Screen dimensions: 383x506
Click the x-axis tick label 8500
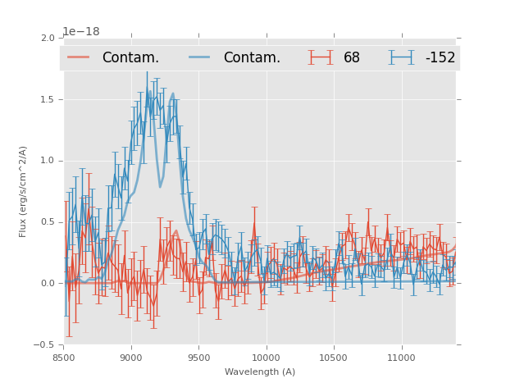pos(63,357)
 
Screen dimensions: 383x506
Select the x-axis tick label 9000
pos(131,357)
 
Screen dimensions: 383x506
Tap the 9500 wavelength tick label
pos(198,357)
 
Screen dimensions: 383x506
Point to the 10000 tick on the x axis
pos(266,357)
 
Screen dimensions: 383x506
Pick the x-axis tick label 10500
pos(333,357)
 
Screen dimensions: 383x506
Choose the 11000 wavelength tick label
pos(401,357)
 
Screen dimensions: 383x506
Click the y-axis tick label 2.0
pos(47,38)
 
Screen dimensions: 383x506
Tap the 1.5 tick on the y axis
pos(47,99)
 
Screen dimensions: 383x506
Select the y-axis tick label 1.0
pos(47,161)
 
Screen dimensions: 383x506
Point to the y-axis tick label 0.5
pos(47,222)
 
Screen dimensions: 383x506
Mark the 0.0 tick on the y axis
pos(47,284)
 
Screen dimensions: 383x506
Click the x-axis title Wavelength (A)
pos(260,372)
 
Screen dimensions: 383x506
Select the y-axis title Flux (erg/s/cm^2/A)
pos(24,191)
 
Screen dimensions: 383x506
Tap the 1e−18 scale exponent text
pos(81,32)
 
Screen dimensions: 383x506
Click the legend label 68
pos(352,57)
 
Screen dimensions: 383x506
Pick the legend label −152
pos(440,57)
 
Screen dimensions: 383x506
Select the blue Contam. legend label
pos(252,57)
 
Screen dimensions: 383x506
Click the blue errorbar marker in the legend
pos(402,57)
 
